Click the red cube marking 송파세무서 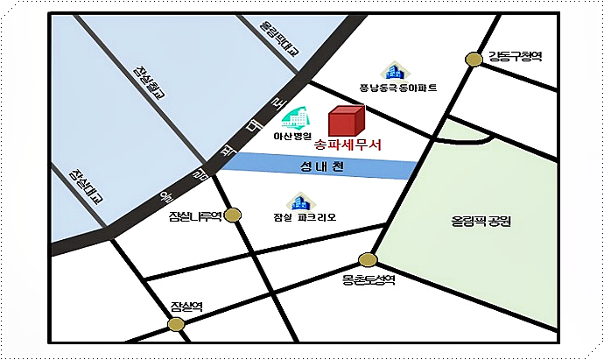[345, 123]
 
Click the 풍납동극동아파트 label [398, 88]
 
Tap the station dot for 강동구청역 [474, 60]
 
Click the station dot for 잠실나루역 [233, 215]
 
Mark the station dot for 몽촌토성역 [368, 260]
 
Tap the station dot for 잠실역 [177, 324]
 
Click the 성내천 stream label [322, 166]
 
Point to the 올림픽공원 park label [476, 222]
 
